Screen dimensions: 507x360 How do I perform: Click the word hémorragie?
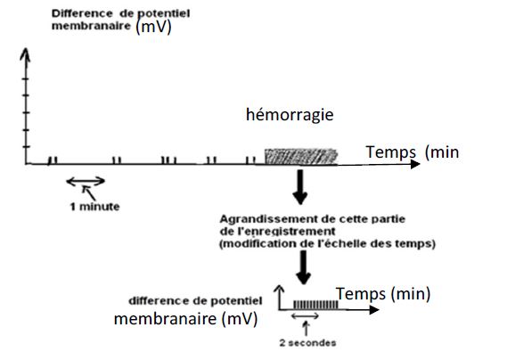click(290, 115)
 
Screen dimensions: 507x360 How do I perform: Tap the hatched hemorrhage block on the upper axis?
click(301, 157)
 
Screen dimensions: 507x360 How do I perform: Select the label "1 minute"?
click(95, 207)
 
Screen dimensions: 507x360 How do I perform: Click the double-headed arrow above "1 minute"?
click(86, 182)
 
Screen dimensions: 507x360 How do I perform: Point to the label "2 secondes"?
click(307, 343)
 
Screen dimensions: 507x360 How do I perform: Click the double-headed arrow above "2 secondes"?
click(305, 316)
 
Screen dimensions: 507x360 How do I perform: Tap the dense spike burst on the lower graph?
click(315, 305)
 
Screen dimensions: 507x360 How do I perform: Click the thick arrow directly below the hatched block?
click(300, 187)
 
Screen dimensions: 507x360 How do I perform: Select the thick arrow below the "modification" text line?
click(303, 268)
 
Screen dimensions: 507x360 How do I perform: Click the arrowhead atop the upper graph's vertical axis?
click(25, 53)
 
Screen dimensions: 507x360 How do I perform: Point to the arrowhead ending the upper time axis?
click(415, 164)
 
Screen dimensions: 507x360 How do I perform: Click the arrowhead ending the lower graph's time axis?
click(374, 310)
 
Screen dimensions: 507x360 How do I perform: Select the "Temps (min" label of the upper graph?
click(413, 152)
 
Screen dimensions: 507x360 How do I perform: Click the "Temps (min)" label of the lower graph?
click(383, 294)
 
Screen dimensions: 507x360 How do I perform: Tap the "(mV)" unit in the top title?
click(153, 27)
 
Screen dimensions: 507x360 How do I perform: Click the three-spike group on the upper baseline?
click(169, 160)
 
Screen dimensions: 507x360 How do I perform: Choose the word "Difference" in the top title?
click(82, 13)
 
